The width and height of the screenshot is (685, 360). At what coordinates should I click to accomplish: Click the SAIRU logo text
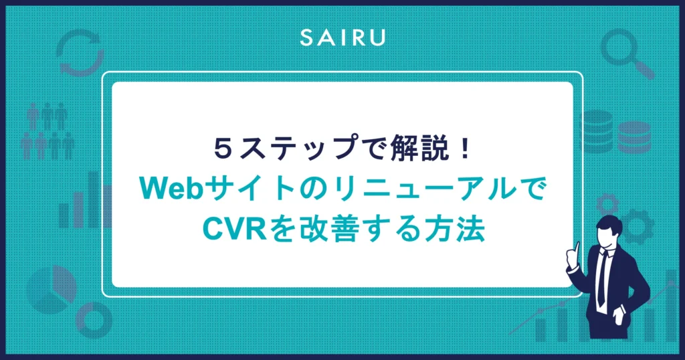point(342,37)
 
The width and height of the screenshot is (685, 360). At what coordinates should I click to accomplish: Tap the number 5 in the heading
point(223,149)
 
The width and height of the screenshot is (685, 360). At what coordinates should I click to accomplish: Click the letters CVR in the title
point(235,229)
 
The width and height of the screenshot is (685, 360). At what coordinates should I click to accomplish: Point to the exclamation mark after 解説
point(465,149)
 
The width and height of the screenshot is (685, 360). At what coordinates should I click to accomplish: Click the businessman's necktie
point(602,279)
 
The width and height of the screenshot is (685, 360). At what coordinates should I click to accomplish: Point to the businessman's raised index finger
point(577,248)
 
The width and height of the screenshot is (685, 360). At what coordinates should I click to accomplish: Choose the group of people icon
point(48,130)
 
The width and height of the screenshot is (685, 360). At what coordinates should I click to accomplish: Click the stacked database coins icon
point(615,132)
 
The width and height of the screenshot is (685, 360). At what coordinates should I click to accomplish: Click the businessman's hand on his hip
point(619,314)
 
